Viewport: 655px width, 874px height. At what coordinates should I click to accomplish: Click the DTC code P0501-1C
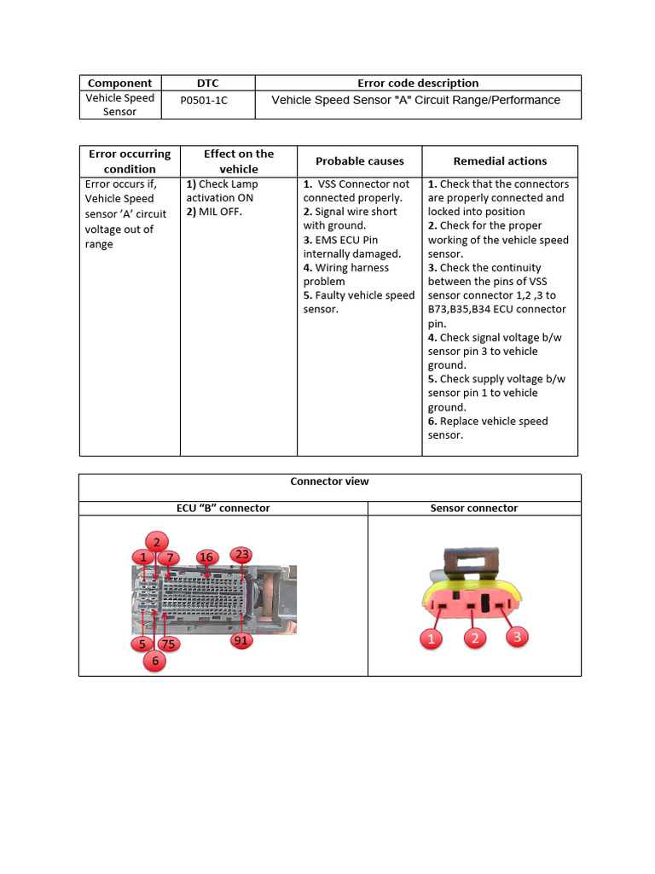205,101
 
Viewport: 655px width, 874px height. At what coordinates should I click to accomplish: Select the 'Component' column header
120,83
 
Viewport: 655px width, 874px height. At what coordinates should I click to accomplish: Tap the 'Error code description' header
418,83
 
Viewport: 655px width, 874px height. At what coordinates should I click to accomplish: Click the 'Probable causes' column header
359,160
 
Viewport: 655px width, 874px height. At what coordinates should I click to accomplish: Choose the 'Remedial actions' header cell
500,160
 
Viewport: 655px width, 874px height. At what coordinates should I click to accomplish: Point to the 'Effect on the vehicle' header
239,160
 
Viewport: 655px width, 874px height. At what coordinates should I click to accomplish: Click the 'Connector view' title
329,481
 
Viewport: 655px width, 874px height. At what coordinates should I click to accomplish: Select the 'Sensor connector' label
473,508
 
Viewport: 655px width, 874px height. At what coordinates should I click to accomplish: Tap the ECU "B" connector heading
223,508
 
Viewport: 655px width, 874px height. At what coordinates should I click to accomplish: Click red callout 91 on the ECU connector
241,640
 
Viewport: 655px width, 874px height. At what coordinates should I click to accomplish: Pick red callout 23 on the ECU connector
242,555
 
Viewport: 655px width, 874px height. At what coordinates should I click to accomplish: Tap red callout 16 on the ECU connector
206,557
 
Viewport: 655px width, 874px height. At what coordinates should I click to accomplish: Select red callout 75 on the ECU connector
168,644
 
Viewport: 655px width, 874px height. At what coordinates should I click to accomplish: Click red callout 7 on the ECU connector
169,558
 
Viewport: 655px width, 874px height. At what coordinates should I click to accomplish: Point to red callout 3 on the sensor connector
516,636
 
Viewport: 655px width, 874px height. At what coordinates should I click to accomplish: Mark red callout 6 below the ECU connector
154,660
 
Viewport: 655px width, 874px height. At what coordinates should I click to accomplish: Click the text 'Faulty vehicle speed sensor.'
358,302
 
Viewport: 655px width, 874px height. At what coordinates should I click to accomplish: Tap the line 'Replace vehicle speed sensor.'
487,428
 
